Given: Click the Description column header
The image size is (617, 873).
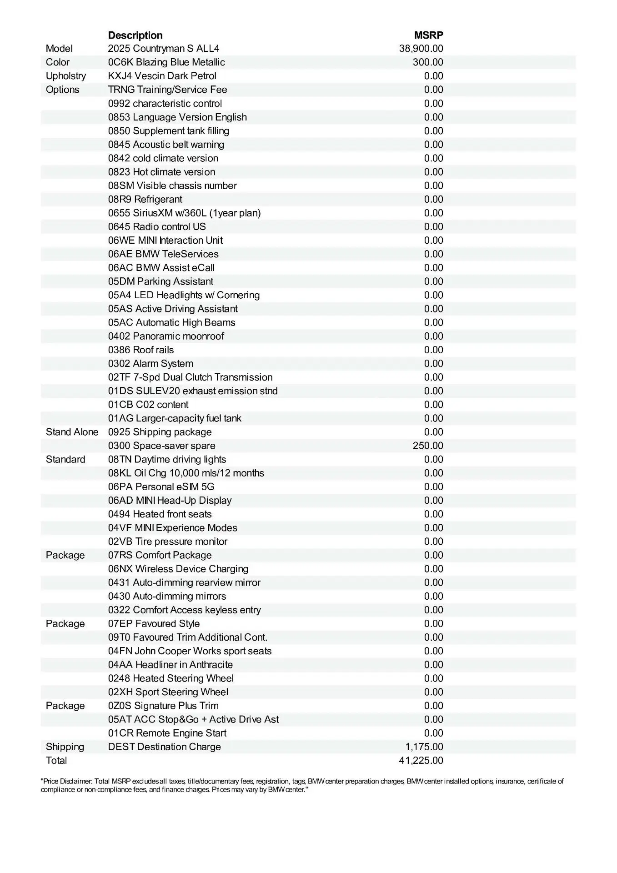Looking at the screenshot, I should [135, 35].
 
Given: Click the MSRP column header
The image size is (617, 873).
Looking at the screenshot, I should [428, 35].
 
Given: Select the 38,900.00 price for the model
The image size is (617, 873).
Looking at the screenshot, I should [421, 49].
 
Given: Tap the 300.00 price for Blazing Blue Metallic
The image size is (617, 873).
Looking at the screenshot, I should [428, 62].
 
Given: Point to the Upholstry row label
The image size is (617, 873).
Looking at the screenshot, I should [66, 76].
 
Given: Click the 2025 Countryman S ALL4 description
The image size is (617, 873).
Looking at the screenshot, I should [164, 49].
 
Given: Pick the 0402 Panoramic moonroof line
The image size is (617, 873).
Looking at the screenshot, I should [166, 336].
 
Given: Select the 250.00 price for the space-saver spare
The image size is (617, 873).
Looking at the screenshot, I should [428, 446].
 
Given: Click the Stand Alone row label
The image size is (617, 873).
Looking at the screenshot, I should [72, 432].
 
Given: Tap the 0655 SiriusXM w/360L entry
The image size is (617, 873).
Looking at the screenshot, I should [184, 213].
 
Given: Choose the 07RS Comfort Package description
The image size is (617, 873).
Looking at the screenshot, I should [160, 555].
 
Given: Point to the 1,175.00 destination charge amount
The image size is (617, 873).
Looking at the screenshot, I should [424, 747].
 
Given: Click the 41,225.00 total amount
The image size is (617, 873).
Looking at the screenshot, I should [421, 760].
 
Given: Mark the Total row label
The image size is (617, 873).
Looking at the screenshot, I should [56, 760].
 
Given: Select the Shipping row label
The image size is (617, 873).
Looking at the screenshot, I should [65, 747].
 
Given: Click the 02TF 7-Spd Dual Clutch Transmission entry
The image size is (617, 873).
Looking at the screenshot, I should [190, 377].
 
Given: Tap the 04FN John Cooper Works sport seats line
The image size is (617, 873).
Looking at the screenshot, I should [190, 651].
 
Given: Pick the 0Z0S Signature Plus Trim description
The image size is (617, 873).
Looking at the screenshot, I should [163, 706].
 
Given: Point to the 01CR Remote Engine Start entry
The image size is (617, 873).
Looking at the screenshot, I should [167, 733].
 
